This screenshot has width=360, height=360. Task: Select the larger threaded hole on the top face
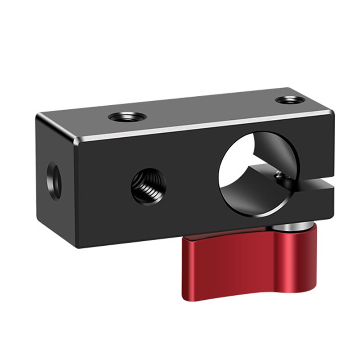pyautogui.click(x=127, y=117)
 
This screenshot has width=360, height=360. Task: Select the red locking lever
pyautogui.click(x=252, y=263)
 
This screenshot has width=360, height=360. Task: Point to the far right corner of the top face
pyautogui.click(x=332, y=110)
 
